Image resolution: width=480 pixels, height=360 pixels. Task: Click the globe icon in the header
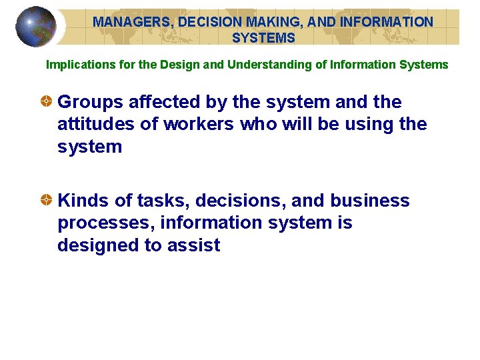35,27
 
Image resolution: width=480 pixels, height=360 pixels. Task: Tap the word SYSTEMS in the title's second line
263,38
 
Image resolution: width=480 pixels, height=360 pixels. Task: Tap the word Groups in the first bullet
91,102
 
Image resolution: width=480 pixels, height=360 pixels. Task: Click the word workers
197,124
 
